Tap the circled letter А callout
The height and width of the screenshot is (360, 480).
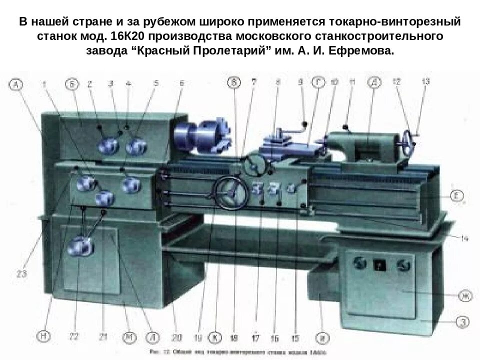pyautogui.click(x=16, y=85)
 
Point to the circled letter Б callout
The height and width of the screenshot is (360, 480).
pyautogui.click(x=73, y=85)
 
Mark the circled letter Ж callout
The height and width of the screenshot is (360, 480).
pyautogui.click(x=464, y=296)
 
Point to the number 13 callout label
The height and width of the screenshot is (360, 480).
pyautogui.click(x=425, y=83)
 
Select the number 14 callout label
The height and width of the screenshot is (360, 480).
pyautogui.click(x=464, y=238)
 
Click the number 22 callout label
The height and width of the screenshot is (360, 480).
pyautogui.click(x=74, y=336)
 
